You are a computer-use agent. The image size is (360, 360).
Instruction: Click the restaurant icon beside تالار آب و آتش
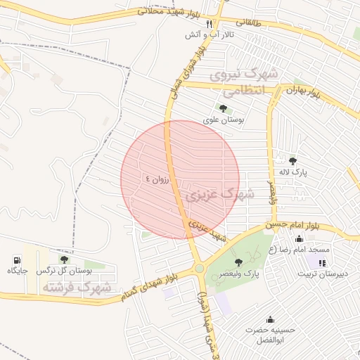pos(209,23)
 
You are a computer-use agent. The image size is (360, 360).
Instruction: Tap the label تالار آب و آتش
pos(210,34)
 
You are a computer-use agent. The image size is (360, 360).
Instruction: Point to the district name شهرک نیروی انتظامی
pos(245,83)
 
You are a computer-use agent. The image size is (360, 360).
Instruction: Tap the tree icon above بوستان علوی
pos(223,108)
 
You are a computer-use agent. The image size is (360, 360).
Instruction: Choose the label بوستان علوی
pos(224,120)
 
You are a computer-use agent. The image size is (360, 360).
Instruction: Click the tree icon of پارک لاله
pos(293,160)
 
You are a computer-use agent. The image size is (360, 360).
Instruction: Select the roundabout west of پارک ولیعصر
pos(199,268)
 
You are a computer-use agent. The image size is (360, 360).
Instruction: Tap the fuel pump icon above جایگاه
pos(18,259)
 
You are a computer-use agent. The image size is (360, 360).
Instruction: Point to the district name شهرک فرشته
pos(77,288)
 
